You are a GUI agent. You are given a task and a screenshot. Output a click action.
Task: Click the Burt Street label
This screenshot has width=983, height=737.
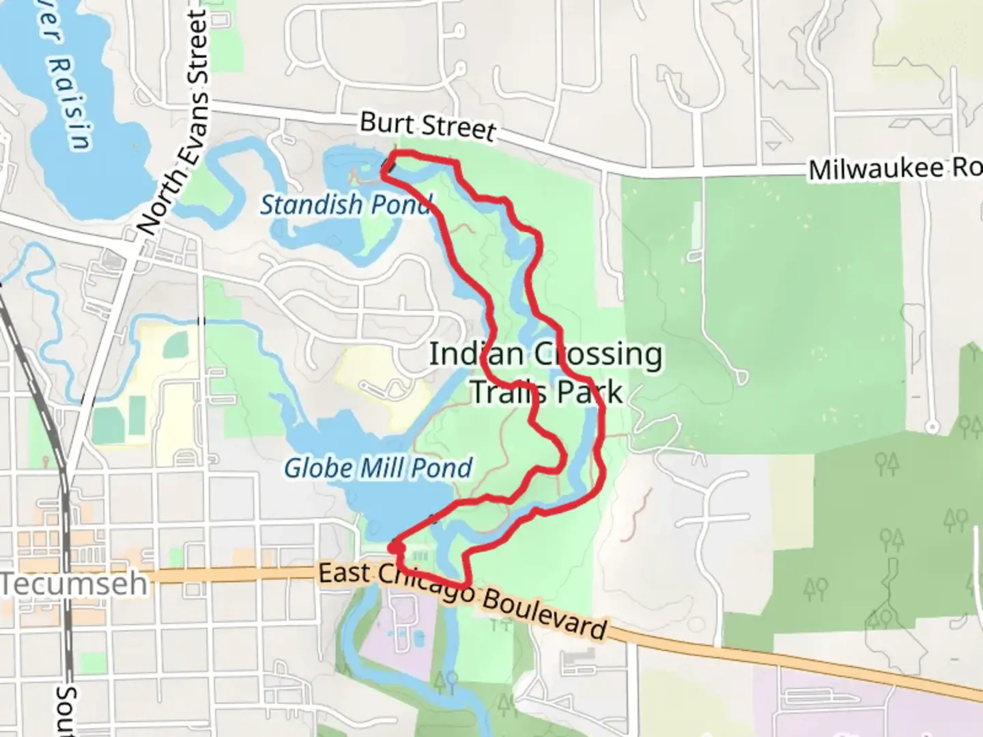coord(427,126)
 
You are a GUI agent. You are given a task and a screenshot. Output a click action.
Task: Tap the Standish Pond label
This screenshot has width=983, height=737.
coord(346,204)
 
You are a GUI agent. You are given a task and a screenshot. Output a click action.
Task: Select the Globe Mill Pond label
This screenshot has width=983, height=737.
coord(377,468)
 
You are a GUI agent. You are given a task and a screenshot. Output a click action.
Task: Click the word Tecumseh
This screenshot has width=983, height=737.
coord(74,584)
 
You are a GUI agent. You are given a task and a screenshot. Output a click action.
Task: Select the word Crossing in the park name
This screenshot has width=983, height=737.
coord(598,354)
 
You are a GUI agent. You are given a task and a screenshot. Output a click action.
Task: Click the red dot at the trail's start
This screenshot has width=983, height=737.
coord(397,547)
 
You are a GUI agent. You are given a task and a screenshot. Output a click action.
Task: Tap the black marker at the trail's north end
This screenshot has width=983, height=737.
coord(388,166)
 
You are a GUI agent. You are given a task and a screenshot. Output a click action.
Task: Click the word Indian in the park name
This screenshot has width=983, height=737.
coord(476,354)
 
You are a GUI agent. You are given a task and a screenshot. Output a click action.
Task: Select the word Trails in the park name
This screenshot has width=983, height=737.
coord(509,392)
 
